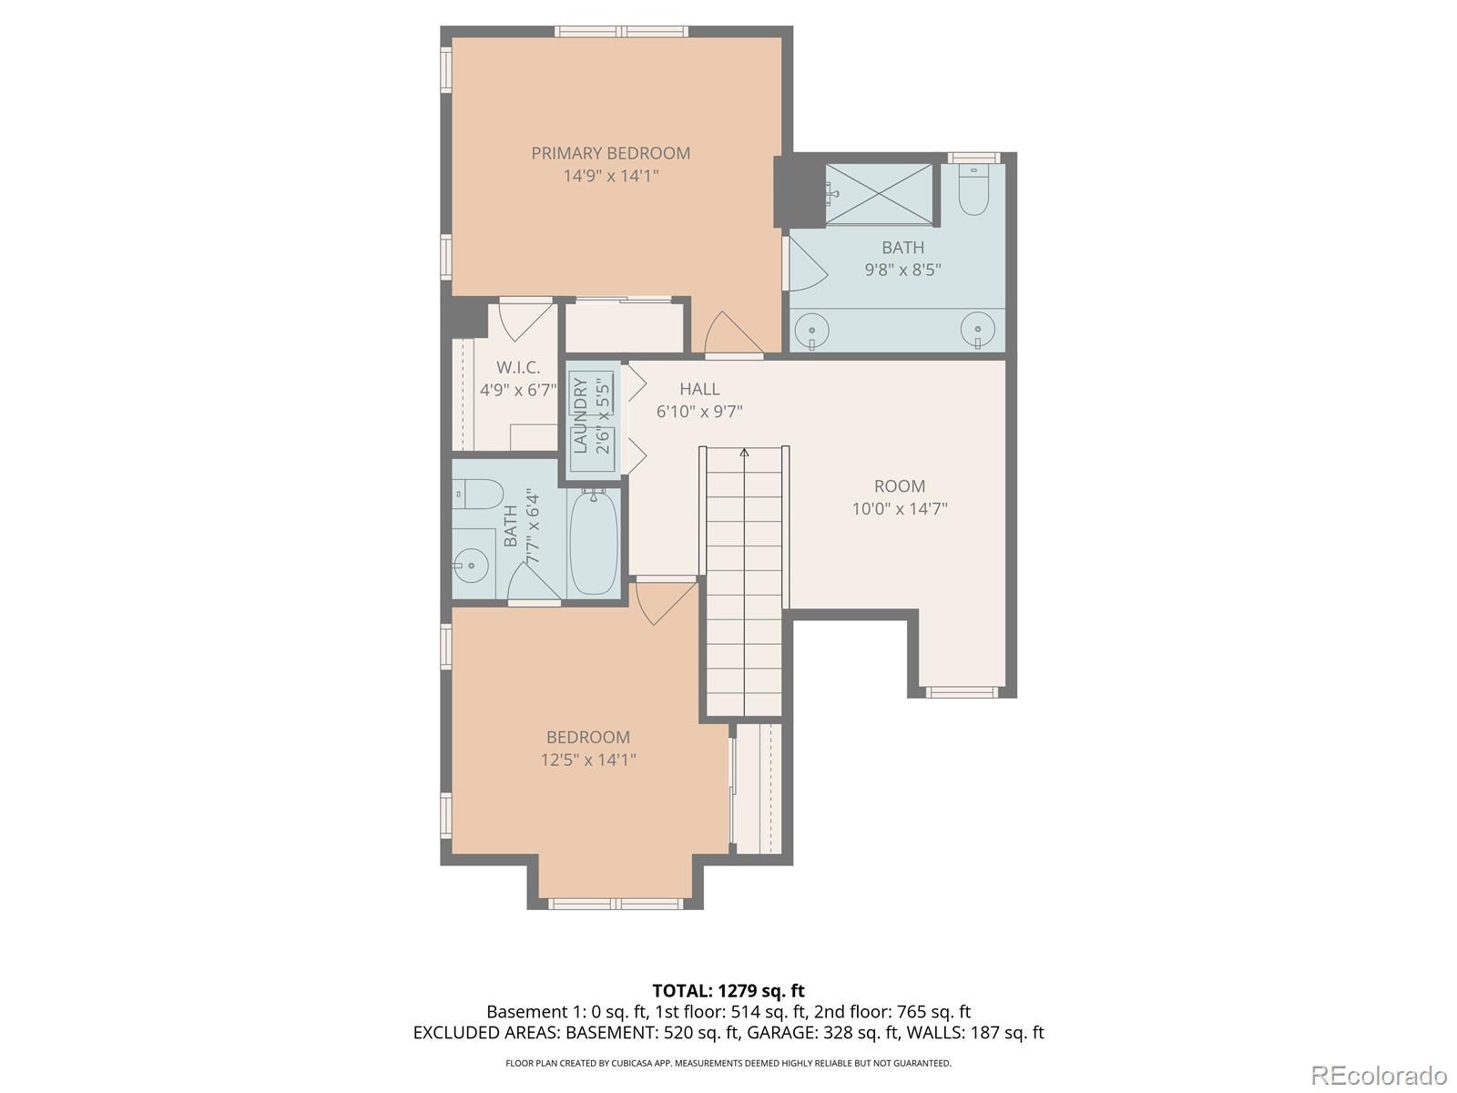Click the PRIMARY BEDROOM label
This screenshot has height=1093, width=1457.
610,153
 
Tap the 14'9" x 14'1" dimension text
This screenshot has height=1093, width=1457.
611,176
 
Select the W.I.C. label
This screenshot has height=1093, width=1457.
518,367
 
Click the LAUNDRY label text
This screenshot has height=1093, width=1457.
581,415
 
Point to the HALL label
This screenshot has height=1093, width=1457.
699,389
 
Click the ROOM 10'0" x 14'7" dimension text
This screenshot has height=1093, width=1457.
900,509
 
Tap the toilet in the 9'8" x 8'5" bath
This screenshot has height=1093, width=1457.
973,189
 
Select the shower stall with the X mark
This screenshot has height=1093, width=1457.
879,194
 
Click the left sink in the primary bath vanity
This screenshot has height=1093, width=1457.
811,330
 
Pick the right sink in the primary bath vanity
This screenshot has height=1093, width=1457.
977,330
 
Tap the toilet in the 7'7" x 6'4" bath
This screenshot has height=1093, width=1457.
476,495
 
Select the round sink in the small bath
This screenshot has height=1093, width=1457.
471,566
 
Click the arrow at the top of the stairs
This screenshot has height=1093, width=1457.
745,453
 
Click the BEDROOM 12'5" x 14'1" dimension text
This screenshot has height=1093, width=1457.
588,760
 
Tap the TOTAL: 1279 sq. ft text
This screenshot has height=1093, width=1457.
728,991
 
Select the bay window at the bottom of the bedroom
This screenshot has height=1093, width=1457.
616,904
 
